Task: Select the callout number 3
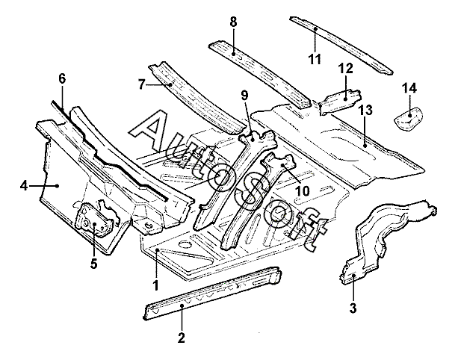[x=353, y=308]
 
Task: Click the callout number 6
[x=62, y=78]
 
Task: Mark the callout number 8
[x=234, y=22]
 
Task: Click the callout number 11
[x=315, y=58]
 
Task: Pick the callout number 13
[x=365, y=109]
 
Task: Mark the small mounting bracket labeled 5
[x=97, y=219]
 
